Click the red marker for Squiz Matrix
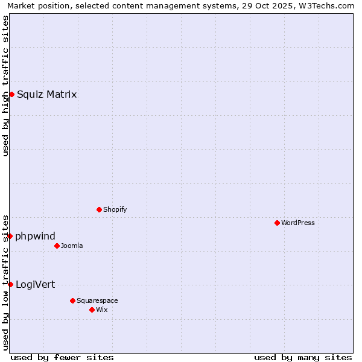pos(11,94)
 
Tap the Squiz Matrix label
pos(46,94)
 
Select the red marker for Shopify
pos(99,209)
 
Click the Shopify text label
pos(115,209)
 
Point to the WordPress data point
pos(277,223)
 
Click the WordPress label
pos(297,223)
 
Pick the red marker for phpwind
pos(10,236)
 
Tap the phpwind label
pos(35,236)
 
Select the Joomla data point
pos(57,246)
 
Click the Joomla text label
pos(72,246)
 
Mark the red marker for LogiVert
pos(10,284)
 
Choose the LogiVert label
pos(35,284)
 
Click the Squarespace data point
pos(72,300)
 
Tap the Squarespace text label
pos(97,300)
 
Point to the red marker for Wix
pos(92,310)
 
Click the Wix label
pos(101,310)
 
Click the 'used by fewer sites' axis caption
pos(62,357)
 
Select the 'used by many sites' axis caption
pos(303,357)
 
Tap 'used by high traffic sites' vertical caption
pos(5,86)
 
